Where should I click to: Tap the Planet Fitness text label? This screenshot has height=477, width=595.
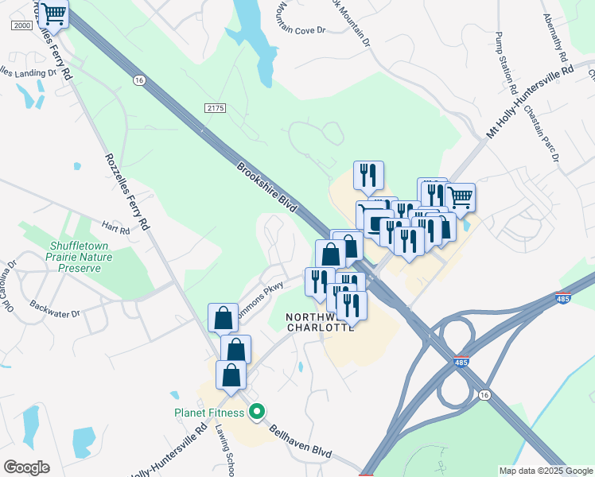[x=211, y=413]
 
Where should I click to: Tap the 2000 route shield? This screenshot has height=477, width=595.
[x=21, y=25]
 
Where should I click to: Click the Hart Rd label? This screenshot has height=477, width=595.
[x=115, y=230]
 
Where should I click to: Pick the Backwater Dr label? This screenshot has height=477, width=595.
[x=55, y=309]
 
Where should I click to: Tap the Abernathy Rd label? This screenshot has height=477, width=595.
[x=555, y=38]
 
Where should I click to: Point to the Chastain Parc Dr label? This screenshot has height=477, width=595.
[x=551, y=142]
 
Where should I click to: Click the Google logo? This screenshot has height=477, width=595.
[x=26, y=467]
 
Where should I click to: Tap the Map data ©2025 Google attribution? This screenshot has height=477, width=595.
[x=545, y=471]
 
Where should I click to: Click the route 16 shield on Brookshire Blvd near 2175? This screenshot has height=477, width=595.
[x=140, y=81]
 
